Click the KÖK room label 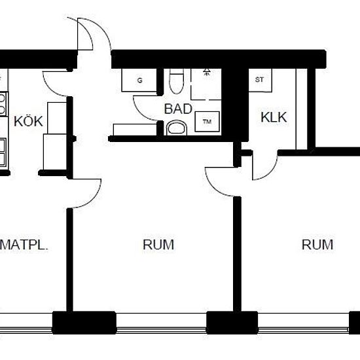coord(28,121)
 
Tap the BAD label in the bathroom coord(178,109)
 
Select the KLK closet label coord(274,117)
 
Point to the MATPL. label coord(24,245)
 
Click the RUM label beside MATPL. coord(158,245)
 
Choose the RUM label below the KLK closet coord(317,245)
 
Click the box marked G coord(139,80)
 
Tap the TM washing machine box coord(207,122)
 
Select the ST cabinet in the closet coord(260,80)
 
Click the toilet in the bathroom coord(176,81)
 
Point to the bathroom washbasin coord(177,128)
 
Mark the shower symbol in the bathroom coord(207,71)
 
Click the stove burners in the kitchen coord(3,104)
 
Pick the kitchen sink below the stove coord(3,152)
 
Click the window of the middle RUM coord(161,323)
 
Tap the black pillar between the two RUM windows coord(232,323)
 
